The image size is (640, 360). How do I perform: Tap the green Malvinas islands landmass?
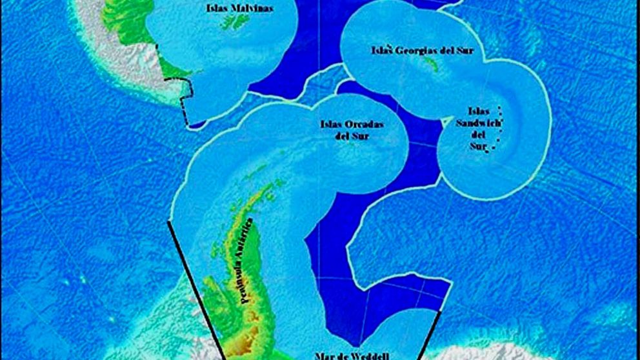235,23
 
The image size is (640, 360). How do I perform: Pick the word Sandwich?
478,123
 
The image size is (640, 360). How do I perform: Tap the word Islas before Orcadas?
332,124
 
